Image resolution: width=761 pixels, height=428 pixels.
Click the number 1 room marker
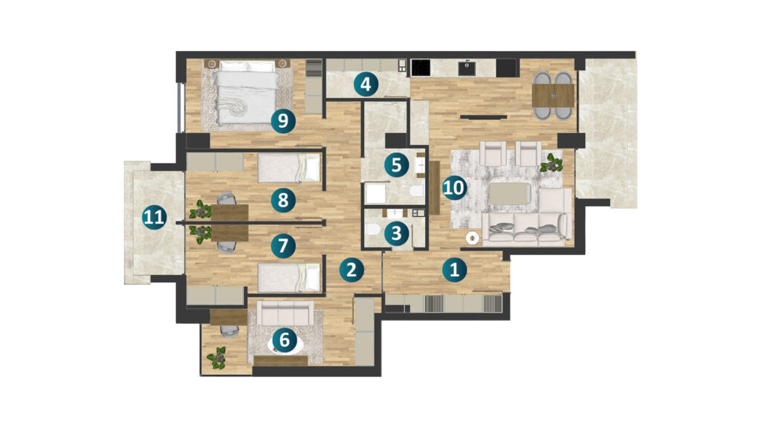point(454,269)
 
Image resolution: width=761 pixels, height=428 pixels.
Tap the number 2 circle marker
point(352,269)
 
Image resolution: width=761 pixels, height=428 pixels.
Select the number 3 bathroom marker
point(397,233)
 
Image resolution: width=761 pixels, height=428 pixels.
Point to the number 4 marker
point(366,85)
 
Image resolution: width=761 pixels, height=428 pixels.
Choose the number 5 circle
point(397,165)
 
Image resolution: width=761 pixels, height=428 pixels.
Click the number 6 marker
point(285,340)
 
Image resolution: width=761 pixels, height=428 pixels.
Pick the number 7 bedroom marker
point(283,245)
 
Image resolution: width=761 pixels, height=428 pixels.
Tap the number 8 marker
point(283,199)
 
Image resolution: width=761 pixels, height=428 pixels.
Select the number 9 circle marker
point(283,120)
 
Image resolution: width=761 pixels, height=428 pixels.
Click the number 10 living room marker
point(454,187)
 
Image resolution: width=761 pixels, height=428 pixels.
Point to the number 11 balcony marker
point(155,217)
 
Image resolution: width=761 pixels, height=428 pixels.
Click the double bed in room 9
point(247,92)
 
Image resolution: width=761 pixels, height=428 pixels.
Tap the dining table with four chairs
point(553,96)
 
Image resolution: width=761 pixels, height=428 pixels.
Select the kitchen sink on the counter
point(467,68)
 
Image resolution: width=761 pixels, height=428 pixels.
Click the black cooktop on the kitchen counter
point(421,68)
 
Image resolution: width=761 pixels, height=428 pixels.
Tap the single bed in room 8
point(289,168)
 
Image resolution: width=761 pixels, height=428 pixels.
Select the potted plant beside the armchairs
point(552,163)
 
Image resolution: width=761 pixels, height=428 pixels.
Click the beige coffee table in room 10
point(509,193)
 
